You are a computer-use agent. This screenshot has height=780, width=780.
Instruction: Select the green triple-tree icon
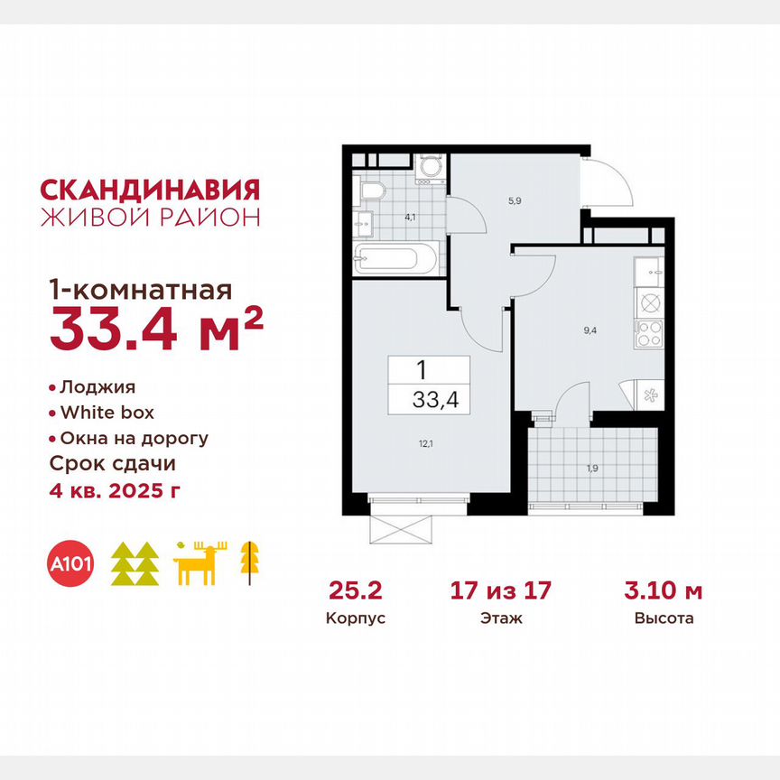coord(135,565)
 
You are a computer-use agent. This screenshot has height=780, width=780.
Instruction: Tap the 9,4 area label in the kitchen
coord(590,330)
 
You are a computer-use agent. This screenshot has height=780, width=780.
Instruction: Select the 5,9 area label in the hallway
coord(515,201)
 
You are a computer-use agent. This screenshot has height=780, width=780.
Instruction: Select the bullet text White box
coord(107,413)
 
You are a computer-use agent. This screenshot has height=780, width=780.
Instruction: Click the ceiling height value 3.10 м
coord(664,591)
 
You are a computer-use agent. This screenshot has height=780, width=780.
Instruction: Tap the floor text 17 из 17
coord(500,591)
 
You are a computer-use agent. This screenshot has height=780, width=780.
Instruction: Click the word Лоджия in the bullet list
coord(97,387)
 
